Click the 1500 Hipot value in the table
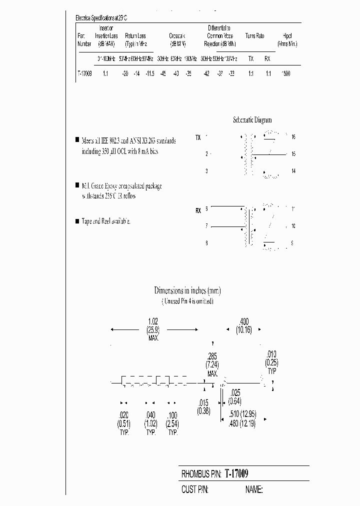pyautogui.click(x=285, y=73)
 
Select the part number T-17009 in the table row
pyautogui.click(x=84, y=73)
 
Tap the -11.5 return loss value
pyautogui.click(x=149, y=73)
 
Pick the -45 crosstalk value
pyautogui.click(x=162, y=73)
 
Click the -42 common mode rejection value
pyautogui.click(x=205, y=73)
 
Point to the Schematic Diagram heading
pyautogui.click(x=252, y=120)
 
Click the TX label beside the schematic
pyautogui.click(x=198, y=137)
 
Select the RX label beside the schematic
pyautogui.click(x=198, y=211)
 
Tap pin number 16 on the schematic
pyautogui.click(x=293, y=136)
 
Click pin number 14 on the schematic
pyautogui.click(x=293, y=171)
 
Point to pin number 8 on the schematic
pyautogui.click(x=206, y=243)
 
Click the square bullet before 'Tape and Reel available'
pyautogui.click(x=76, y=220)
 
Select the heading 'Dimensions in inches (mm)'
pyautogui.click(x=187, y=290)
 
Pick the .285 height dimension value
pyautogui.click(x=212, y=356)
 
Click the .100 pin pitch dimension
pyautogui.click(x=172, y=414)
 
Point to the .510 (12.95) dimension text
pyautogui.click(x=245, y=413)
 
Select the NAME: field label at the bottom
pyautogui.click(x=253, y=489)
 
